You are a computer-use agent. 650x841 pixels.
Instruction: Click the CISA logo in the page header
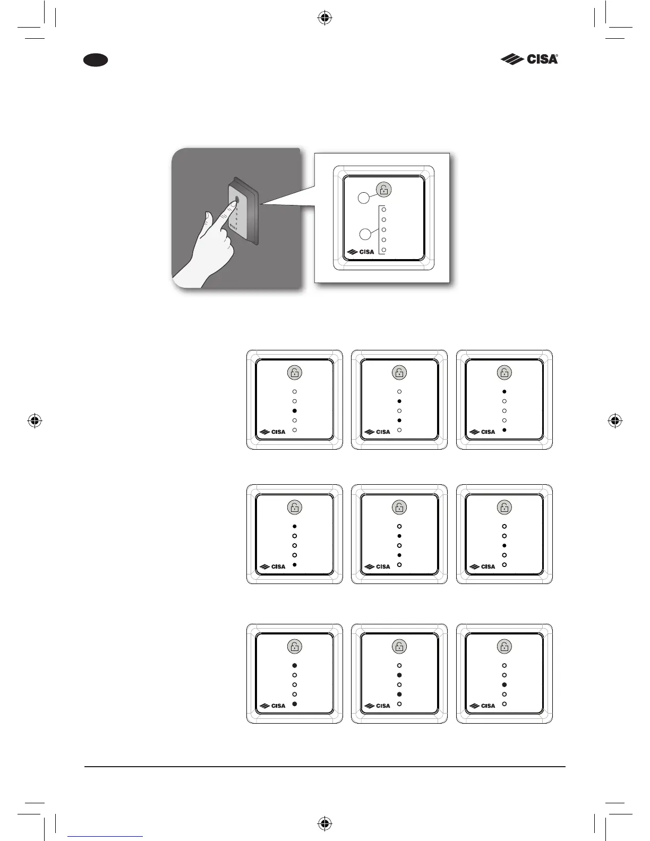coord(529,59)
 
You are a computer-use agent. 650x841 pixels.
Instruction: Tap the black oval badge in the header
coord(96,60)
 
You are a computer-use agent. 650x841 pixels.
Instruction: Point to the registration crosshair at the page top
coord(325,19)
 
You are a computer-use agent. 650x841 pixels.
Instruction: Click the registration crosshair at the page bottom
coord(325,823)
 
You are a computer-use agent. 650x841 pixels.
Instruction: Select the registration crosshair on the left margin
coord(35,421)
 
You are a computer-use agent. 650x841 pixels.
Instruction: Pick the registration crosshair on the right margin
coord(615,421)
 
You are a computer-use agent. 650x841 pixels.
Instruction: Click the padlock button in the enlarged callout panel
coord(383,190)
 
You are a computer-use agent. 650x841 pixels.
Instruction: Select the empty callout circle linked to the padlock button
coord(362,198)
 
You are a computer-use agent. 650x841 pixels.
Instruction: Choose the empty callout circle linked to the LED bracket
coord(364,234)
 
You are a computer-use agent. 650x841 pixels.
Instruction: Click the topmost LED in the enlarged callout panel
coord(384,210)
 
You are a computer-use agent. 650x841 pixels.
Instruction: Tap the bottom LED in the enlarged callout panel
coord(384,250)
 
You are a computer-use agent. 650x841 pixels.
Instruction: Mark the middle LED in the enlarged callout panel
coord(384,230)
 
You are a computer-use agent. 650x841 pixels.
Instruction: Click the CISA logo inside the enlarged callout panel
coord(361,252)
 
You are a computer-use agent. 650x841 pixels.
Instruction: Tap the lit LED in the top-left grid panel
coord(295,411)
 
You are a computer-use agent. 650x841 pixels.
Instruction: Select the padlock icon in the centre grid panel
coord(399,508)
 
